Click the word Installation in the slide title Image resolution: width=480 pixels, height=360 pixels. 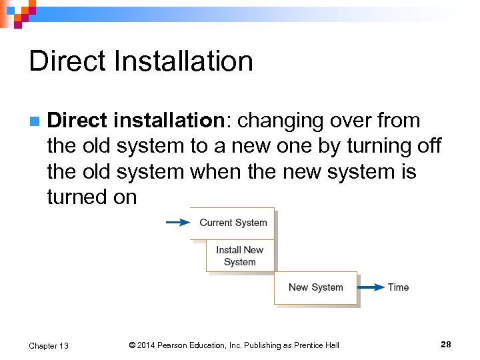(x=184, y=61)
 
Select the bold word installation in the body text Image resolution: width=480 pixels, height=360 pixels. (x=169, y=121)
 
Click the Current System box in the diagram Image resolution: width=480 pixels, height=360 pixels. (x=233, y=223)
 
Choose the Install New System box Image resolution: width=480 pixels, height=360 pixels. (x=240, y=255)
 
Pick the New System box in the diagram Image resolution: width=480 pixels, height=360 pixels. (x=315, y=287)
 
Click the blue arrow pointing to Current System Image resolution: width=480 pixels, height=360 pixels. (x=177, y=223)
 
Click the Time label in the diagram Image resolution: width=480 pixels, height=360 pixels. (x=398, y=287)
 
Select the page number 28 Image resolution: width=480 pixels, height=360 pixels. (x=446, y=344)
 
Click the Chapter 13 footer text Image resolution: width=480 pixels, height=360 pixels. (x=49, y=345)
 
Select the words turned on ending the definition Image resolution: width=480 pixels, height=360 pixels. (x=92, y=197)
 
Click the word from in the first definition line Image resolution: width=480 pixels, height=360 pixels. (x=397, y=121)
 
